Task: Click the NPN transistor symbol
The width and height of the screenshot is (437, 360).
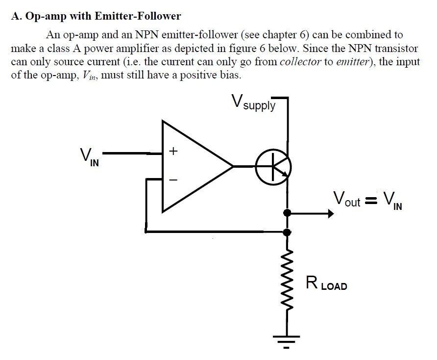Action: [x=273, y=167]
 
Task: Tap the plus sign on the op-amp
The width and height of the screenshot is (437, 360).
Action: [x=172, y=152]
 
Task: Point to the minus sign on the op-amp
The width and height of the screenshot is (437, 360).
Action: [x=172, y=180]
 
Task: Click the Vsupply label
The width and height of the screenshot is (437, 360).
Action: [x=253, y=103]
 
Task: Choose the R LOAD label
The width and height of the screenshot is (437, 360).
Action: [x=326, y=283]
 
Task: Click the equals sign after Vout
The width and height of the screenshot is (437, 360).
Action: [x=371, y=200]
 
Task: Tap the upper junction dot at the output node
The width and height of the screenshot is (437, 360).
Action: [x=288, y=213]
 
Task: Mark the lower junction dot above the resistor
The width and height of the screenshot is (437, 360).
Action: [x=288, y=231]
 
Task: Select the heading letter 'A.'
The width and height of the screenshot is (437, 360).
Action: [x=16, y=16]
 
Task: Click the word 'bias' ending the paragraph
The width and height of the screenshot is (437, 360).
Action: [x=230, y=76]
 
